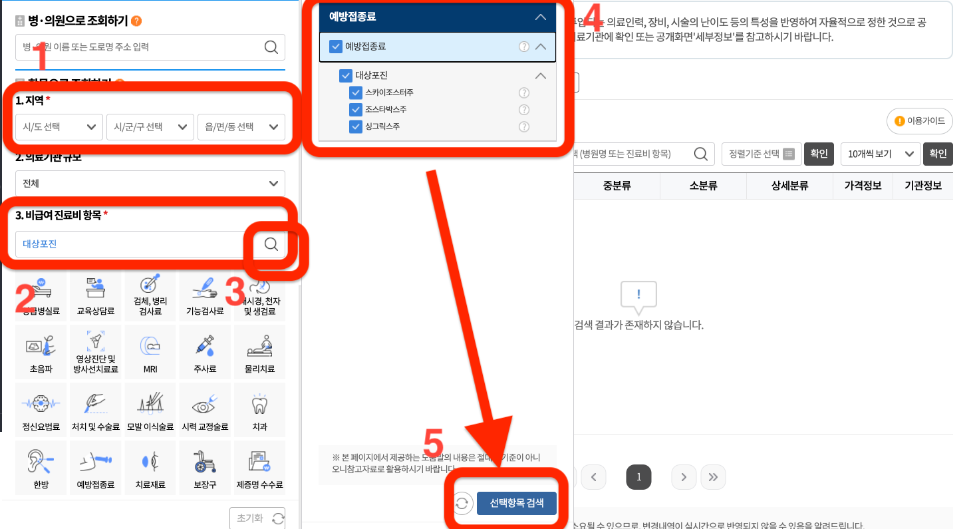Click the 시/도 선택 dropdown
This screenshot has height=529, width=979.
pos(59,127)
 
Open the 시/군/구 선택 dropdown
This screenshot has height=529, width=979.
pos(150,127)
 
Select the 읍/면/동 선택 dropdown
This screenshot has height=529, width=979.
pos(241,127)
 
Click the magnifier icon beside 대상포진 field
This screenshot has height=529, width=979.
pos(271,244)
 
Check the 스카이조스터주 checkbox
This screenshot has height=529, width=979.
pos(356,93)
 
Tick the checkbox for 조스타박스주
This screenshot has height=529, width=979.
pos(356,110)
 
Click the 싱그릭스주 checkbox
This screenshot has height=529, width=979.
pos(356,126)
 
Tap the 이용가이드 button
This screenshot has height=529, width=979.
pos(920,121)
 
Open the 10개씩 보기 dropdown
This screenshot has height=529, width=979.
pos(880,154)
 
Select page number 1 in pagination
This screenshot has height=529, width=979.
pos(638,477)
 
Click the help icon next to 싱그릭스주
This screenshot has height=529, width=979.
pos(524,126)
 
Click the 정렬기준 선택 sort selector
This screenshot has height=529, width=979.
pos(761,154)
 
